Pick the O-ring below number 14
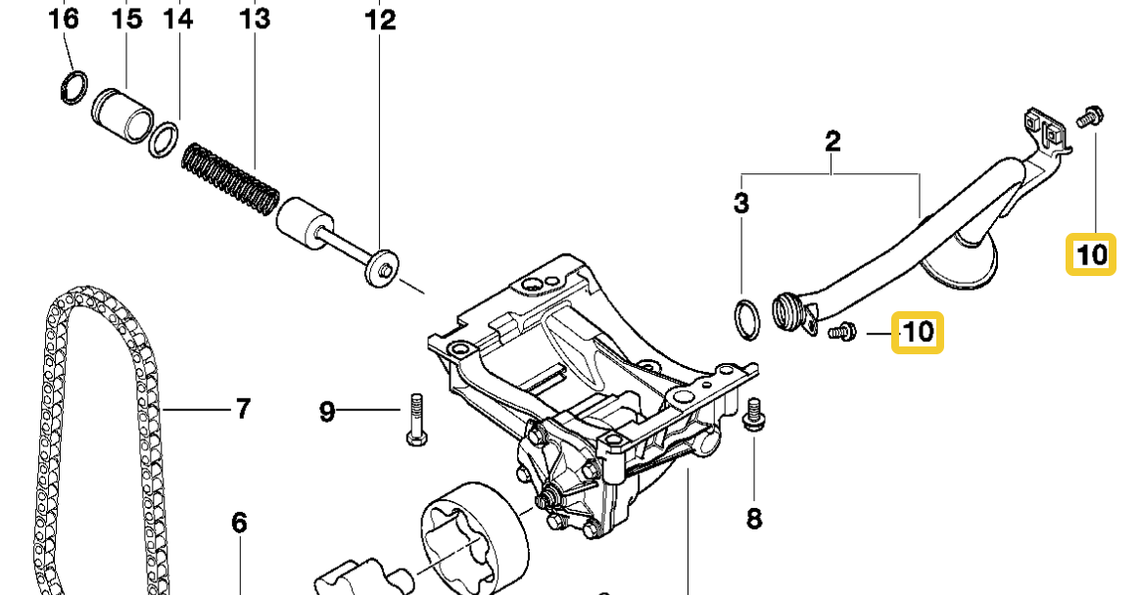pyautogui.click(x=165, y=138)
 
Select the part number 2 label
pyautogui.click(x=832, y=141)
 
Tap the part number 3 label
pyautogui.click(x=741, y=204)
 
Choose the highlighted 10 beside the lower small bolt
pyautogui.click(x=918, y=333)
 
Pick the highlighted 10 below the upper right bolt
pyautogui.click(x=1090, y=254)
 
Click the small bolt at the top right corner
pyautogui.click(x=1089, y=116)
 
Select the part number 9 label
pyautogui.click(x=327, y=412)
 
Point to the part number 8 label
pyautogui.click(x=753, y=519)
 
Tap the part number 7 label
pyautogui.click(x=242, y=408)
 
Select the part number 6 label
pyautogui.click(x=240, y=524)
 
